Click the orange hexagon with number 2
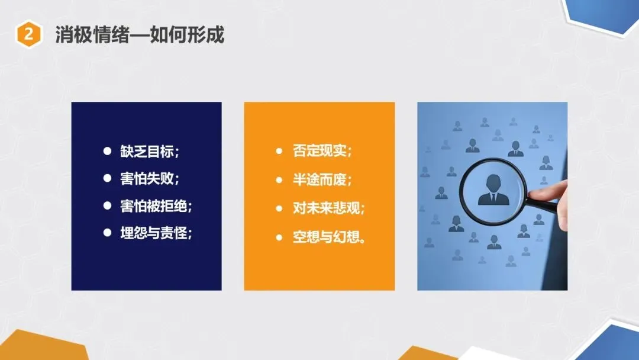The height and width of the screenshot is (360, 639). pos(28,34)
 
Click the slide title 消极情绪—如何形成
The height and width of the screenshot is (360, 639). pos(140,35)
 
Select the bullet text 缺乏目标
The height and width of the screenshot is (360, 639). pos(147,151)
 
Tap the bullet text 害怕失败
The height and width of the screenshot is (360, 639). pos(147,178)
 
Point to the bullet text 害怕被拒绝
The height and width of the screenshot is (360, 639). pos(154,205)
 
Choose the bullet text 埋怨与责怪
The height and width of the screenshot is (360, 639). pos(154,233)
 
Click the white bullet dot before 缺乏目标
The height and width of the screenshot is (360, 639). pos(107,151)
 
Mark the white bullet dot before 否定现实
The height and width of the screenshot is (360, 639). pos(279,151)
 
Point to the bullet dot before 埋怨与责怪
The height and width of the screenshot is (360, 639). pos(107,232)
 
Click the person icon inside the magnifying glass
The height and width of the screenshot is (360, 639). pos(493,190)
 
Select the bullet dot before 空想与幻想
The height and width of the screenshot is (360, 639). pos(279,237)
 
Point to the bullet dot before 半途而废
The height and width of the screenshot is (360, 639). pos(279,180)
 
